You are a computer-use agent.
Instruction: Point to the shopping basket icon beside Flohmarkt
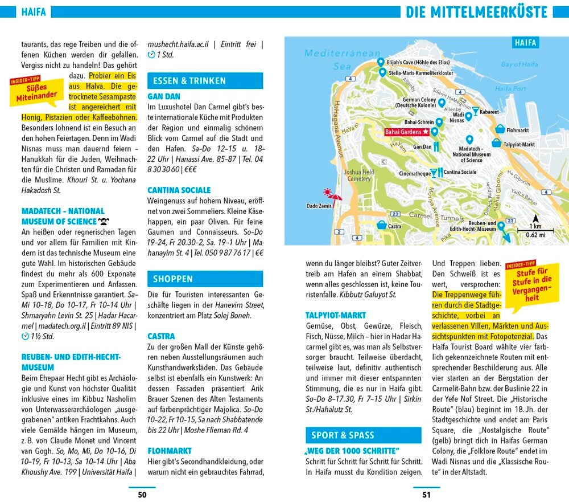pyautogui.click(x=500, y=129)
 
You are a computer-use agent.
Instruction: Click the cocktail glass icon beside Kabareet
pyautogui.click(x=475, y=111)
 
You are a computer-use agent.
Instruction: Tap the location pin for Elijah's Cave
pyautogui.click(x=380, y=62)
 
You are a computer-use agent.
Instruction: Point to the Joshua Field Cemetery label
pyautogui.click(x=359, y=175)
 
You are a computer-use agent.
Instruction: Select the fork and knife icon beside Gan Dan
pyautogui.click(x=436, y=146)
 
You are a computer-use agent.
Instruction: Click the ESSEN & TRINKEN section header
pyautogui.click(x=205, y=81)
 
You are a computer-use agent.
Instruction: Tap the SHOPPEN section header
pyautogui.click(x=205, y=279)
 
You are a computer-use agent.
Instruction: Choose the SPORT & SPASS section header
pyautogui.click(x=363, y=435)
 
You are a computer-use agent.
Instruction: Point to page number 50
pyautogui.click(x=142, y=495)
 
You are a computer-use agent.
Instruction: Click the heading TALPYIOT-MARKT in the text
pyautogui.click(x=335, y=315)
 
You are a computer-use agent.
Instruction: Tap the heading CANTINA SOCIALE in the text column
pyautogui.click(x=179, y=190)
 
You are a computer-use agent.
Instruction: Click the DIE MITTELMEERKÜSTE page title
pyautogui.click(x=476, y=13)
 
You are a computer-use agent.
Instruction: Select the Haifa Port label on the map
pyautogui.click(x=510, y=89)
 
